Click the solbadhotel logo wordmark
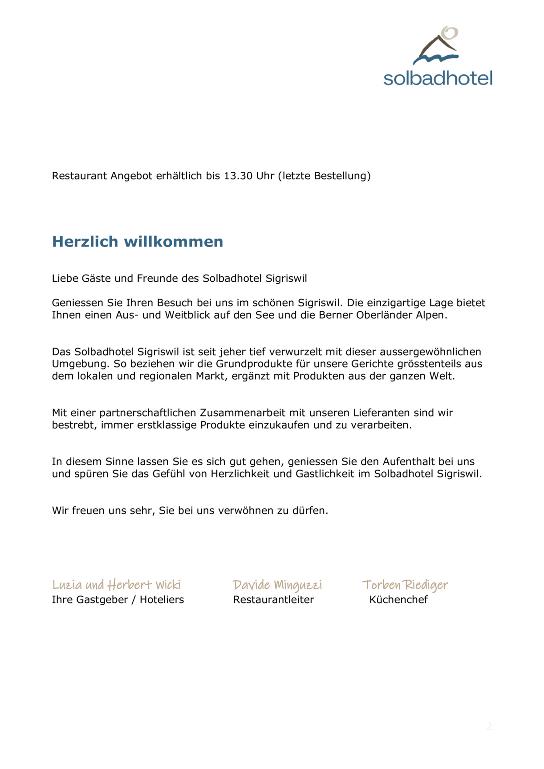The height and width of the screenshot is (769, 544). tap(438, 78)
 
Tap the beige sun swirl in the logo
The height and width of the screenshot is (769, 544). tap(450, 33)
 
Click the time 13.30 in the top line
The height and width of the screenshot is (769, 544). tap(238, 176)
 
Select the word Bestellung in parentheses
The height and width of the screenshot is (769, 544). tap(342, 176)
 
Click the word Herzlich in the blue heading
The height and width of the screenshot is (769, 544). tap(85, 242)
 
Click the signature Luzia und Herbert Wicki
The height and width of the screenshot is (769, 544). tap(117, 585)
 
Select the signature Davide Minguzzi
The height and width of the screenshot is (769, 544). tap(277, 585)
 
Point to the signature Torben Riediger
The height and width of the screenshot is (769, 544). tap(405, 585)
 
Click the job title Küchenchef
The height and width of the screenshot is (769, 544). tap(398, 599)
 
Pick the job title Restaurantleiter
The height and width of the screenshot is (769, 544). tap(273, 599)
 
